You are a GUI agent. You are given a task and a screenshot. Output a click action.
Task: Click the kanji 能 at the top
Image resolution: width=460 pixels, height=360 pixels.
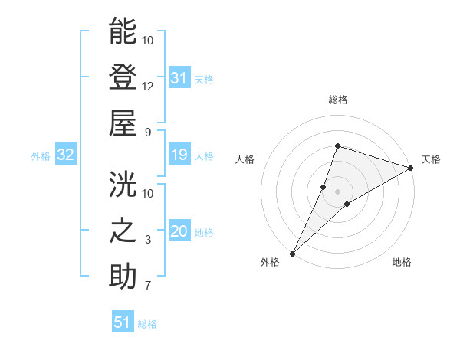123,31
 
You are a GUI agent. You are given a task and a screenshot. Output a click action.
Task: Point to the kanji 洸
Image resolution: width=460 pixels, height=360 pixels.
123,185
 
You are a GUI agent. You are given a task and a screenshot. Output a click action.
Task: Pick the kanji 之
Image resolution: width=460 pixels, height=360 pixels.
123,231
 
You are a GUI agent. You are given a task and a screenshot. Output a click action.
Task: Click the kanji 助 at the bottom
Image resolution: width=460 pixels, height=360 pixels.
123,276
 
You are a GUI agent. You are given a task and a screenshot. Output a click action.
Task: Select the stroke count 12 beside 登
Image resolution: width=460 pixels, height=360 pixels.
148,86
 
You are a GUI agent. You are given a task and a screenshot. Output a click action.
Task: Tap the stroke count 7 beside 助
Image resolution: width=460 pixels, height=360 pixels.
148,286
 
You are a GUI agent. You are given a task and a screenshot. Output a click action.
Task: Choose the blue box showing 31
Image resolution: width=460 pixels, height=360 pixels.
179,78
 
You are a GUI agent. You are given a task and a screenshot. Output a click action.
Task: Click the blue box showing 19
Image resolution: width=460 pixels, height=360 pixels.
179,155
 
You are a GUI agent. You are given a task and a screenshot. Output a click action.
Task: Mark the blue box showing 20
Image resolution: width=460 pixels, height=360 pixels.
179,232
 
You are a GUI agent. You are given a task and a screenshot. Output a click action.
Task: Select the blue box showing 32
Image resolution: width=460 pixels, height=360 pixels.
66,155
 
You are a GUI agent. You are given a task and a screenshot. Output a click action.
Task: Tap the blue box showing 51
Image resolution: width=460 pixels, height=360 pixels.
123,322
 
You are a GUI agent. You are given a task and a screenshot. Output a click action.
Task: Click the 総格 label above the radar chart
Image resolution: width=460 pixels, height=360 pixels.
338,100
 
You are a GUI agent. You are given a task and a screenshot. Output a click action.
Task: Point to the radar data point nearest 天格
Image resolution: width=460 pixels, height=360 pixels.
412,168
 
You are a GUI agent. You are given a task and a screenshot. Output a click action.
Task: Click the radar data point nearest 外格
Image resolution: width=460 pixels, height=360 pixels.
292,253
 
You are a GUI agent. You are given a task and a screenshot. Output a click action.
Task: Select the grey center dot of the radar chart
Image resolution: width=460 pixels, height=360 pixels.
338,191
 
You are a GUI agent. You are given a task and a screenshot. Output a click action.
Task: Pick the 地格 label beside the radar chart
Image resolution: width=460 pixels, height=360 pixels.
402,262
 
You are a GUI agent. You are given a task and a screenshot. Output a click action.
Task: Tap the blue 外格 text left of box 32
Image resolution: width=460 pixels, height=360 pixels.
41,156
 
